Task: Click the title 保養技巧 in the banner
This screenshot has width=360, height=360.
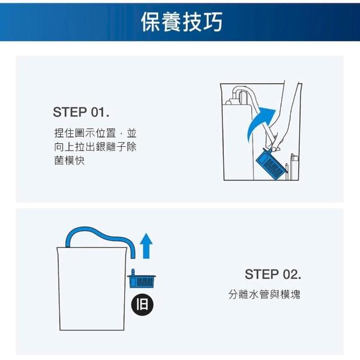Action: (x=182, y=21)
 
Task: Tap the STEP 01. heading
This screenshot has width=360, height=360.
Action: (x=81, y=112)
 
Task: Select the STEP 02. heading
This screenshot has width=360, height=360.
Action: (x=273, y=274)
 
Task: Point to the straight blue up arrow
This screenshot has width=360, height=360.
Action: (x=146, y=246)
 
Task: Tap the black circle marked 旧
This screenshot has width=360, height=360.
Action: (x=142, y=305)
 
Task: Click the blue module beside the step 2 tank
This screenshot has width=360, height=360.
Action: (x=141, y=278)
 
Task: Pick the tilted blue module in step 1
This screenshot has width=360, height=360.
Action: (x=272, y=164)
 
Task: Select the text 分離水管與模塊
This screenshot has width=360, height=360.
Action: (x=264, y=294)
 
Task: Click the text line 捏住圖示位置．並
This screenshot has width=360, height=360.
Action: (x=95, y=133)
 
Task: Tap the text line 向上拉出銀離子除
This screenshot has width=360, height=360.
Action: (x=95, y=147)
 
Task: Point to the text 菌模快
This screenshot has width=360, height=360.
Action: (x=69, y=160)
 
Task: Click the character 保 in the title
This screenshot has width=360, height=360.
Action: (x=151, y=21)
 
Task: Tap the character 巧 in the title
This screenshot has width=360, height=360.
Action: (x=213, y=21)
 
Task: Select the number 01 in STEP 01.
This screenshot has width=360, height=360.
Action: (x=98, y=112)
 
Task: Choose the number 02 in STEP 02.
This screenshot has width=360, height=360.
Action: (x=290, y=274)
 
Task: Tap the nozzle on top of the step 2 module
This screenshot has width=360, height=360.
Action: (x=133, y=273)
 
